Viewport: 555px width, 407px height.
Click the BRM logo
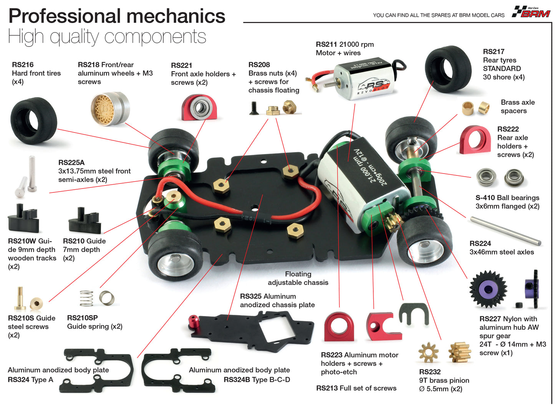pos(532,12)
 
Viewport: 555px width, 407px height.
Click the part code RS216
pos(23,65)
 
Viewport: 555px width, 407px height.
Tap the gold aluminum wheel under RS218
pos(110,108)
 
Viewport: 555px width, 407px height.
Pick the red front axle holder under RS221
pos(199,108)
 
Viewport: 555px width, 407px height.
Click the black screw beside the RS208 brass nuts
pos(253,108)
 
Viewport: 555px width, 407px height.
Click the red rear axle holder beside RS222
pos(475,140)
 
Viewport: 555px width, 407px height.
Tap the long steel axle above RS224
pos(505,230)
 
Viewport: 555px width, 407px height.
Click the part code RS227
pos(490,319)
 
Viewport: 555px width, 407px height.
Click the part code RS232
pos(429,372)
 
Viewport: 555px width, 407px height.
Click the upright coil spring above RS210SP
pos(86,298)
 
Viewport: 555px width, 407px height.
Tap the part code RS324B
pos(236,380)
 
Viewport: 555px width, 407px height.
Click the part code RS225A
pos(71,162)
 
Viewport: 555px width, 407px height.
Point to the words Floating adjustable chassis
pos(298,278)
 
